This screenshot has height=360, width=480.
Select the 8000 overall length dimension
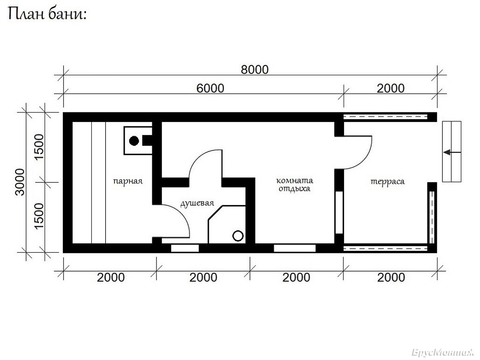point(254,70)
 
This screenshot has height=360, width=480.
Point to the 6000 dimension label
point(210,88)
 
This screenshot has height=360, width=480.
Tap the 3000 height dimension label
point(20,182)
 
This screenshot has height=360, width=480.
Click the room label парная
point(128,181)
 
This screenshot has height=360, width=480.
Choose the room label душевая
point(197,203)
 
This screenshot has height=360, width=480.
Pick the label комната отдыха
point(295,184)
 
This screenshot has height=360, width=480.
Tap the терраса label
point(388,182)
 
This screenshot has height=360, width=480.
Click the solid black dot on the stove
point(134,141)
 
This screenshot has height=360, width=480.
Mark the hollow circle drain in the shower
point(238,236)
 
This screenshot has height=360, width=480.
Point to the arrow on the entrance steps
point(452,152)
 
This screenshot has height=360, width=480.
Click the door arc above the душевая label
point(198,158)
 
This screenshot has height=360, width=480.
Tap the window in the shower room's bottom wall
point(185,248)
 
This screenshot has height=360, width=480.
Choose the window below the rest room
point(294,248)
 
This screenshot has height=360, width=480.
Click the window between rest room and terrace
point(339,212)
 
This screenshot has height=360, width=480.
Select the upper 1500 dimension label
point(39,147)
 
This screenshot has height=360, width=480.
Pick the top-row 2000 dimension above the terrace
point(390,88)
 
